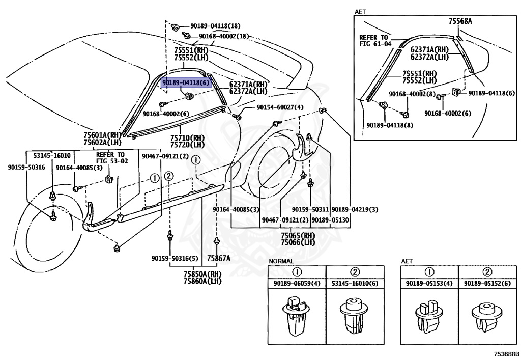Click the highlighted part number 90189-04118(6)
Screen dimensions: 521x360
186,82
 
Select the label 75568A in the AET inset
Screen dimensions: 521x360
460,21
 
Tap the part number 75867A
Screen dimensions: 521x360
219,258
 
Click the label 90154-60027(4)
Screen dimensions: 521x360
280,107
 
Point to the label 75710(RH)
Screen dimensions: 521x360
187,138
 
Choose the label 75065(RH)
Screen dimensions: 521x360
298,236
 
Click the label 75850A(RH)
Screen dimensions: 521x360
202,274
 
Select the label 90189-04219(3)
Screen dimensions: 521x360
355,210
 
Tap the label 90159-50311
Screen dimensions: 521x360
310,210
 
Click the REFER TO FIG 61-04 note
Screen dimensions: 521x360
375,41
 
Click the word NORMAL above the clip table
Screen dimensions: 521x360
281,261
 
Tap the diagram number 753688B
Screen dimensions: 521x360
506,354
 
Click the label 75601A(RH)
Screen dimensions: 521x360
102,135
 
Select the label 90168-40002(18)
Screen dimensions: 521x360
224,36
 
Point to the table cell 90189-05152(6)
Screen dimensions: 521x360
487,283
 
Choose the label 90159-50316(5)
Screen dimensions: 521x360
175,258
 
